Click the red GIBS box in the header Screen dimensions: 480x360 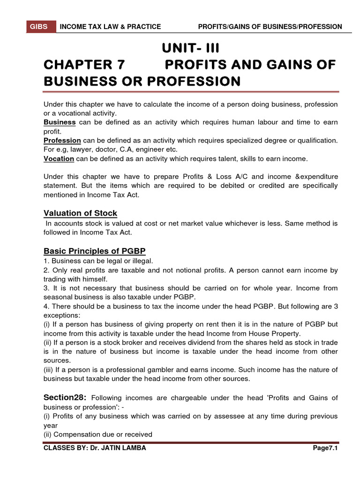[x=39, y=27]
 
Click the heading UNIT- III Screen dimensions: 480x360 [x=190, y=48]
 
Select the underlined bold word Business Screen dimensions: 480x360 [x=60, y=122]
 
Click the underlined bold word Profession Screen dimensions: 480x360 [x=62, y=141]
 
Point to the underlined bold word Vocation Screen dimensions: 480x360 [x=59, y=159]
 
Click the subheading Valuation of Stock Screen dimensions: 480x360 [x=80, y=213]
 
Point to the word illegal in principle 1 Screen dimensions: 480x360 [x=142, y=261]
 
